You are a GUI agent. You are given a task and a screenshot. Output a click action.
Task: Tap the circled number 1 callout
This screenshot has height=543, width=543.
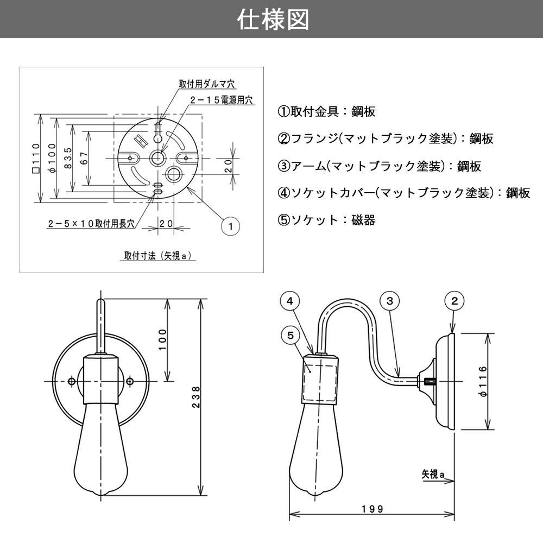tap(231, 226)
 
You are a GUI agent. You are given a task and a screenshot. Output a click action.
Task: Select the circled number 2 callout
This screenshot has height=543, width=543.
tap(454, 300)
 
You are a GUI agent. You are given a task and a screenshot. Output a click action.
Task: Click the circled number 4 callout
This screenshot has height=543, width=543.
tap(291, 300)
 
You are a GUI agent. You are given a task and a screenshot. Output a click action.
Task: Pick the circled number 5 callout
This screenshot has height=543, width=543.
tap(291, 336)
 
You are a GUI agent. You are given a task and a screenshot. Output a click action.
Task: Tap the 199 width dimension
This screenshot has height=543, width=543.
tap(372, 509)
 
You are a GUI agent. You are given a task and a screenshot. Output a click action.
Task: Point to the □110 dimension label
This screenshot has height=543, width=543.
tap(36, 158)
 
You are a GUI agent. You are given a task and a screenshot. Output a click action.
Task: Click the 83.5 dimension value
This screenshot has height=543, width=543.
tap(67, 158)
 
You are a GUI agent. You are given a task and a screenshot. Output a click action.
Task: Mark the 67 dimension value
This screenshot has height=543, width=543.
tap(84, 158)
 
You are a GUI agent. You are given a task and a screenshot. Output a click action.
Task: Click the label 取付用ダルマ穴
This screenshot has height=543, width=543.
tap(206, 84)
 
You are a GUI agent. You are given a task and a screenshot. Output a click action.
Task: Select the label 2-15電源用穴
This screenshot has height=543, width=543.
tap(222, 100)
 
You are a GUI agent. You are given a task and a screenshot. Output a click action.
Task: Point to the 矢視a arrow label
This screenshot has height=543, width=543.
tap(433, 473)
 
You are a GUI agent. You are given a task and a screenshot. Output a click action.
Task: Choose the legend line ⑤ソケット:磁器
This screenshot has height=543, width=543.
tap(327, 220)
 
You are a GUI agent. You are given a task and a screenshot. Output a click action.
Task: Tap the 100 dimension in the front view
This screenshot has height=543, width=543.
tap(163, 340)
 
